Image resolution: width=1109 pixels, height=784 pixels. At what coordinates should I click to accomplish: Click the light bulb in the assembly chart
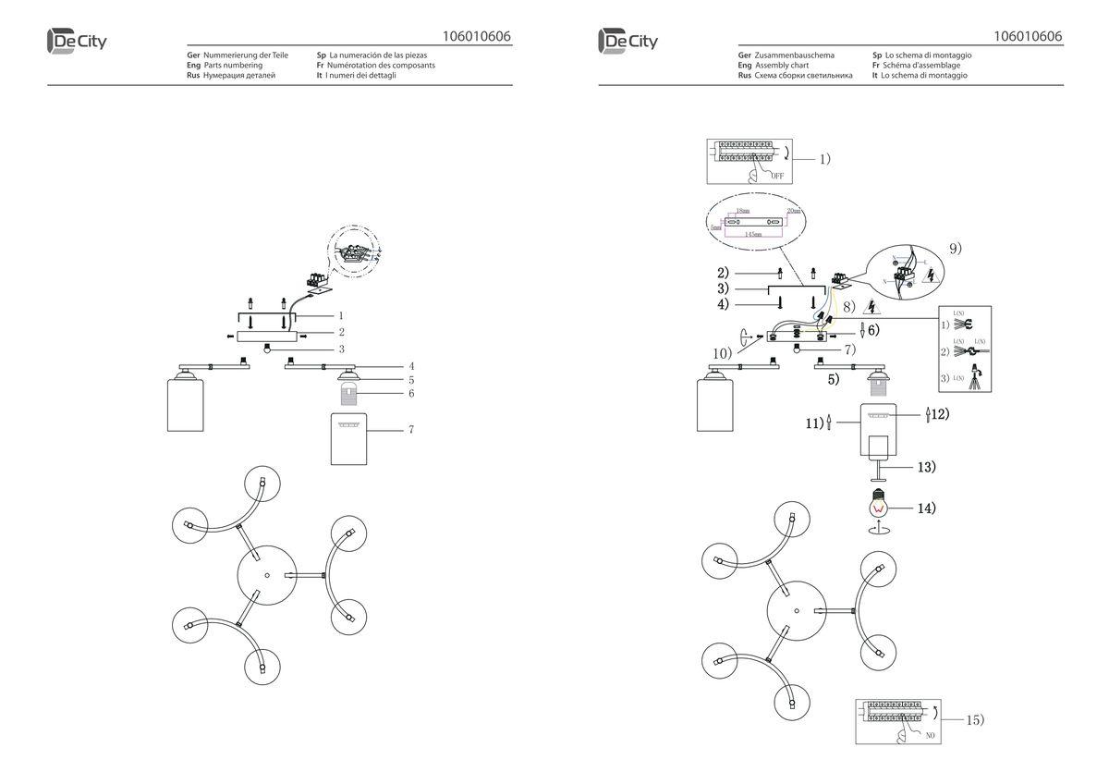pyautogui.click(x=879, y=507)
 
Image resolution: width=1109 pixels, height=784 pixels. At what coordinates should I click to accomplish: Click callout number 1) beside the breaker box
pyautogui.click(x=824, y=158)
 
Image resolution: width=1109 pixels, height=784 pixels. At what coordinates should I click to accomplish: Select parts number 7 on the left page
pyautogui.click(x=409, y=430)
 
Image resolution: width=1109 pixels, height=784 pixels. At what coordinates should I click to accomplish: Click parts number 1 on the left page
pyautogui.click(x=340, y=315)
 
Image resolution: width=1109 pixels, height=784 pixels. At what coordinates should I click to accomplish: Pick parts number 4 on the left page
pyautogui.click(x=411, y=366)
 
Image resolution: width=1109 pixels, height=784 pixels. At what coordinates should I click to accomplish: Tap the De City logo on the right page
pyautogui.click(x=628, y=42)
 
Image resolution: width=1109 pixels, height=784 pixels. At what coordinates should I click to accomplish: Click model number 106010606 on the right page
pyautogui.click(x=1028, y=37)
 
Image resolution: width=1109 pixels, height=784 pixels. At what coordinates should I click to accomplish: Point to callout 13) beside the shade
pyautogui.click(x=925, y=467)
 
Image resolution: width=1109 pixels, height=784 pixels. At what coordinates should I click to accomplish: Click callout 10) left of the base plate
pyautogui.click(x=721, y=352)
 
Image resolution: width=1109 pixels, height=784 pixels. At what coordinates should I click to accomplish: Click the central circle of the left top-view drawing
pyautogui.click(x=266, y=575)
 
